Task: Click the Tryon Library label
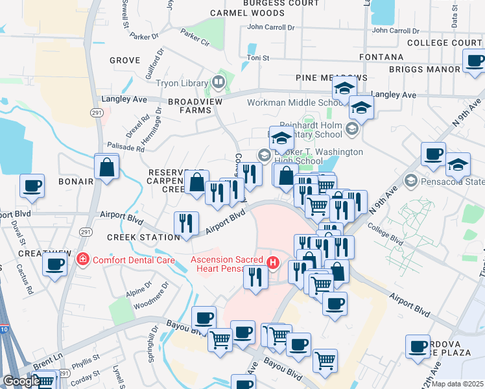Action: pos(181,83)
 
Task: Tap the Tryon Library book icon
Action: pos(219,82)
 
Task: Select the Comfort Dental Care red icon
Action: pos(83,260)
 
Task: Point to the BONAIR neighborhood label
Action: pos(75,181)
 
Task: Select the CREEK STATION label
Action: pos(143,237)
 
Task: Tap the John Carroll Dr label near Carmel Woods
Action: pos(271,27)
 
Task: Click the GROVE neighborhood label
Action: pos(125,60)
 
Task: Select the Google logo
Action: pos(21,381)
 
